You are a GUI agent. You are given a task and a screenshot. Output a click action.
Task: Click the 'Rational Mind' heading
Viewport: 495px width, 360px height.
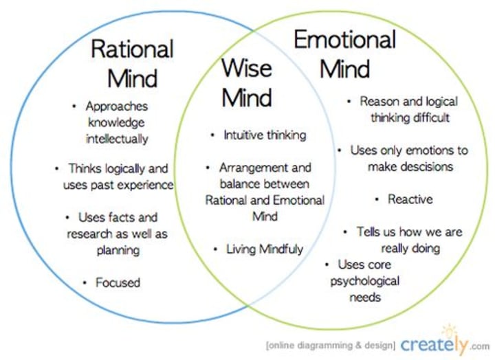point(133,63)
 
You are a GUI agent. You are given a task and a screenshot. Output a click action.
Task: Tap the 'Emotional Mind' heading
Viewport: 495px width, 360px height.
point(345,54)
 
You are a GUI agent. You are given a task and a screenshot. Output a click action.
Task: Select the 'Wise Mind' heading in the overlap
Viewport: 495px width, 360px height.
point(246,82)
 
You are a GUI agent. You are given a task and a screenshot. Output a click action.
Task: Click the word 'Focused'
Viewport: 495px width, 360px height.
point(118,282)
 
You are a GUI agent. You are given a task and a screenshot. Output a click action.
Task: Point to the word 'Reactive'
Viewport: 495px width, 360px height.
point(410,199)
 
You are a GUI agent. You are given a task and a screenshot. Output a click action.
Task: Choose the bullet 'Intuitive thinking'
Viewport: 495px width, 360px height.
point(265,135)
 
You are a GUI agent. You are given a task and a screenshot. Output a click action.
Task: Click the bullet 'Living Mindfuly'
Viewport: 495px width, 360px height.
point(265,249)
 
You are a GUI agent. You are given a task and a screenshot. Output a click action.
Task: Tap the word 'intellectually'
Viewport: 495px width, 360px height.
point(117,138)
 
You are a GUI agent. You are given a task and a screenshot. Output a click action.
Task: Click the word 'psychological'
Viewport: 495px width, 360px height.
point(364,281)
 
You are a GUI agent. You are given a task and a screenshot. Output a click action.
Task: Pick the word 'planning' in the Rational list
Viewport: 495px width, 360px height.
point(117,250)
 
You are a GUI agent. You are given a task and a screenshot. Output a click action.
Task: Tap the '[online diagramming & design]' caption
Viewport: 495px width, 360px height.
point(329,345)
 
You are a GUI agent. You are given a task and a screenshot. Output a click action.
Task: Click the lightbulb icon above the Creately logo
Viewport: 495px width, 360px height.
point(450,330)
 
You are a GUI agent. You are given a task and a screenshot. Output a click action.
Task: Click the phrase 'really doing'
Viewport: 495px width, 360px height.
point(411,248)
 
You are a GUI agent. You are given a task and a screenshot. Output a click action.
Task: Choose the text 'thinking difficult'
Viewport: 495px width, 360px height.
point(410,117)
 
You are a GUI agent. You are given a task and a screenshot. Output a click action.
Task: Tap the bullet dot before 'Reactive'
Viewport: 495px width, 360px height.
point(377,199)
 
